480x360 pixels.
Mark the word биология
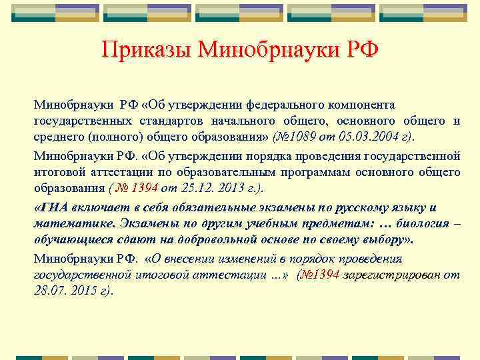419,223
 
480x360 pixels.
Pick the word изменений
243,259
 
